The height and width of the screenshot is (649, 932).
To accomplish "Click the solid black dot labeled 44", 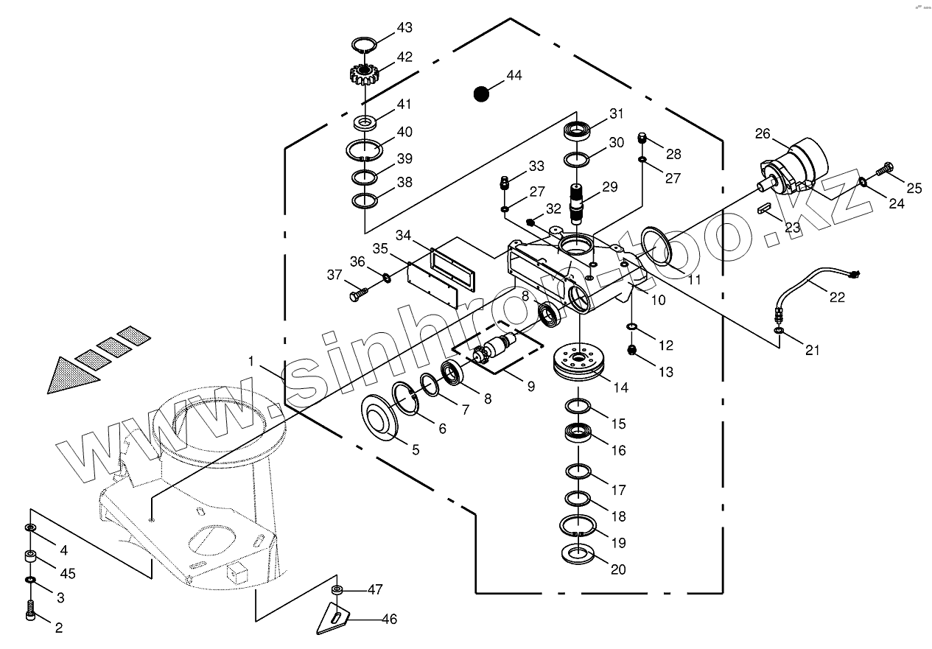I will (x=481, y=94).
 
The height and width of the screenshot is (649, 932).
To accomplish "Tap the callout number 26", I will (x=762, y=134).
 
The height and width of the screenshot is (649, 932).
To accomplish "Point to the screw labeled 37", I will (x=356, y=295).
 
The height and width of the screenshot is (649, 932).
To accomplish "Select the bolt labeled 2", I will (x=31, y=610).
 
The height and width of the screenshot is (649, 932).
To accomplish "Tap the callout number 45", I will (x=67, y=573).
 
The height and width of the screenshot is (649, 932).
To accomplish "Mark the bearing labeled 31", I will (x=578, y=131).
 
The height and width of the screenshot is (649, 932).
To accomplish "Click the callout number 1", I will (x=251, y=362).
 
